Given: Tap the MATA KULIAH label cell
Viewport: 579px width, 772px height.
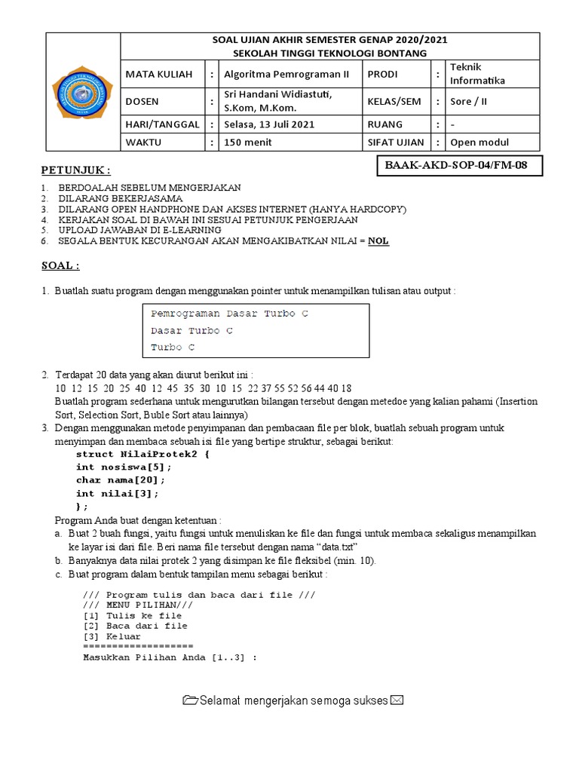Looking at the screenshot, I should pyautogui.click(x=159, y=74).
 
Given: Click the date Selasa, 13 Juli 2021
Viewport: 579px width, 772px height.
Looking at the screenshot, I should pyautogui.click(x=270, y=124).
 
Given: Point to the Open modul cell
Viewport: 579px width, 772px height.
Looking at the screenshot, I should pyautogui.click(x=479, y=142).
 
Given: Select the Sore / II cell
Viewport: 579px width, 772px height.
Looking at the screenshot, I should pyautogui.click(x=469, y=100).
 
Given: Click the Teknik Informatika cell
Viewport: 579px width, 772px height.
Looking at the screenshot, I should pyautogui.click(x=478, y=74).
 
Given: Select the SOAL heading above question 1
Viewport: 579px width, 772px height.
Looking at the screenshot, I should pyautogui.click(x=60, y=265).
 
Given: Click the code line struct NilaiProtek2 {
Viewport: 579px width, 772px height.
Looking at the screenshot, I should pyautogui.click(x=142, y=455).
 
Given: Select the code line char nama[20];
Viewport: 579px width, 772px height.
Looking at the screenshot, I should pyautogui.click(x=120, y=479).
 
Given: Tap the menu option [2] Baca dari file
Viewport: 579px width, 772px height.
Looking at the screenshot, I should pyautogui.click(x=135, y=626).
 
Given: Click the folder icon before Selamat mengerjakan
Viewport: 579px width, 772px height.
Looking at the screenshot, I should pyautogui.click(x=190, y=700).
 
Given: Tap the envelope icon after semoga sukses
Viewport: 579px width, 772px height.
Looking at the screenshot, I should pyautogui.click(x=397, y=700).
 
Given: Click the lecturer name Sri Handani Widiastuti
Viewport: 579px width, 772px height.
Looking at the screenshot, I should pyautogui.click(x=277, y=94).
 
